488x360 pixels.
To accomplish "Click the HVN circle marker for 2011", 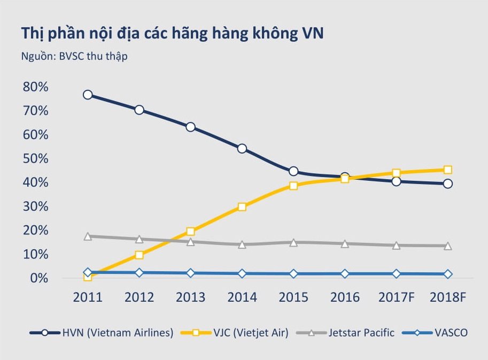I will [88, 95].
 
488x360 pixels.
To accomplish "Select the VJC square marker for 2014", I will [242, 207].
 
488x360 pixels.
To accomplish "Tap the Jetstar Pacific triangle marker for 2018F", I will [447, 246].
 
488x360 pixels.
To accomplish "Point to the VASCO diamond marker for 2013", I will [191, 273].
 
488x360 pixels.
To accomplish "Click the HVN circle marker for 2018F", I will [447, 183].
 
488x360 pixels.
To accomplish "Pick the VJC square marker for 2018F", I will [447, 170].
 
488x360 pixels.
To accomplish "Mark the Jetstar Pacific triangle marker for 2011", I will [88, 236].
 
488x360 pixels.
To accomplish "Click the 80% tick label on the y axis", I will [35, 87].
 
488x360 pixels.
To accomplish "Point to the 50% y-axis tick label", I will [35, 159].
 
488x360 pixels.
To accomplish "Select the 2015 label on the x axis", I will [293, 297].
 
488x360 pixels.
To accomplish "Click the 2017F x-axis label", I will [396, 297].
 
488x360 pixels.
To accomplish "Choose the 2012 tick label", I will [140, 297].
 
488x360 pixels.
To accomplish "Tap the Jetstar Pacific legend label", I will [361, 333].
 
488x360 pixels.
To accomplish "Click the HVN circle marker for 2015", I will [293, 172].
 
